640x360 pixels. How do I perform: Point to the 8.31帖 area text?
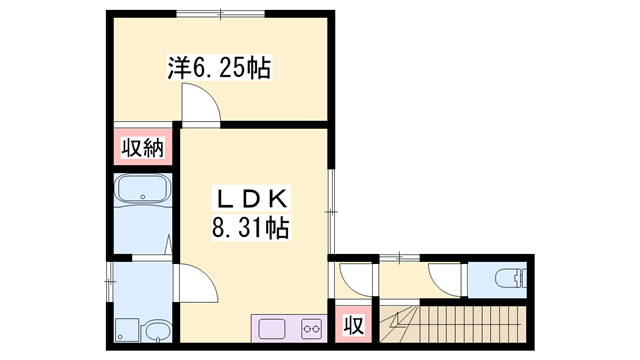click(x=250, y=229)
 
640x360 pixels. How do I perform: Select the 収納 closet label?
click(x=143, y=148)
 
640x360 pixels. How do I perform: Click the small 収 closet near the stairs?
click(x=352, y=324)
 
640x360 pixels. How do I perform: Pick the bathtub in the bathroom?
click(x=142, y=190)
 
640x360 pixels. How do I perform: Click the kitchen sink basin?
click(x=272, y=326)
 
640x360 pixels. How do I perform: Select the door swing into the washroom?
click(x=197, y=282)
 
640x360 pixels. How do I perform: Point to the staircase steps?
click(x=470, y=324)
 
